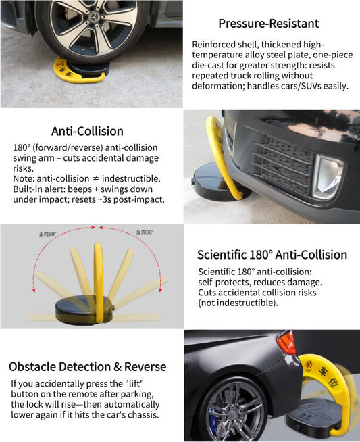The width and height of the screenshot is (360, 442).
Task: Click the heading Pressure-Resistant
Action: (268, 24)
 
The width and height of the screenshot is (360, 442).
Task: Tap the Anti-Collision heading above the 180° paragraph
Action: (87, 131)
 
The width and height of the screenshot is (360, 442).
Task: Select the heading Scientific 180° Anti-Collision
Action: (272, 255)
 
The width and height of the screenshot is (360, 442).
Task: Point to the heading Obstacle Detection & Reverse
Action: (87, 366)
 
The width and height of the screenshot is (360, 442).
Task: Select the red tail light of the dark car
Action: (286, 343)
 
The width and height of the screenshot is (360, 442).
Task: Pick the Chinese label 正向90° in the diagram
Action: (49, 233)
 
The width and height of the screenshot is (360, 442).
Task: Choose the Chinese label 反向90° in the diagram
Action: (145, 232)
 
